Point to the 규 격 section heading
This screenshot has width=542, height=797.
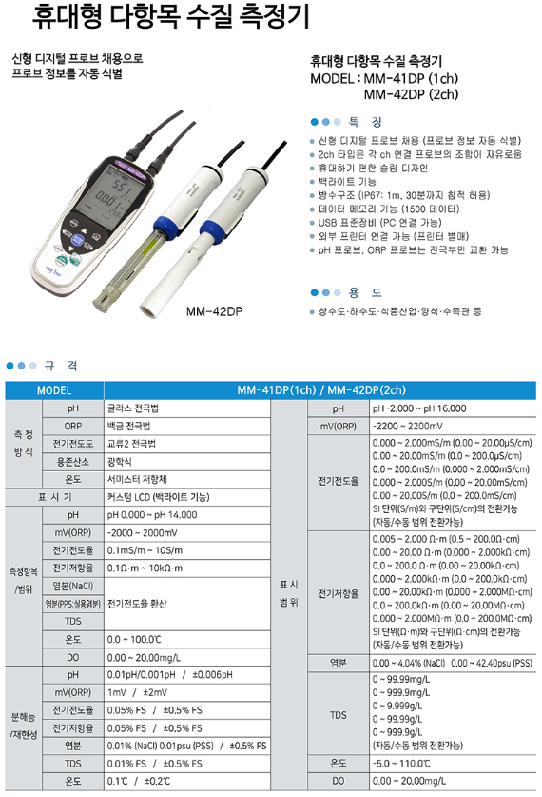coord(60,365)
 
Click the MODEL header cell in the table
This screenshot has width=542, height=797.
coord(53,390)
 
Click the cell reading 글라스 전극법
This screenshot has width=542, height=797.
coord(132,408)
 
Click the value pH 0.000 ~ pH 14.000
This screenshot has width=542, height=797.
coord(151,515)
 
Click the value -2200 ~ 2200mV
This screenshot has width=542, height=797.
coord(408,426)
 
